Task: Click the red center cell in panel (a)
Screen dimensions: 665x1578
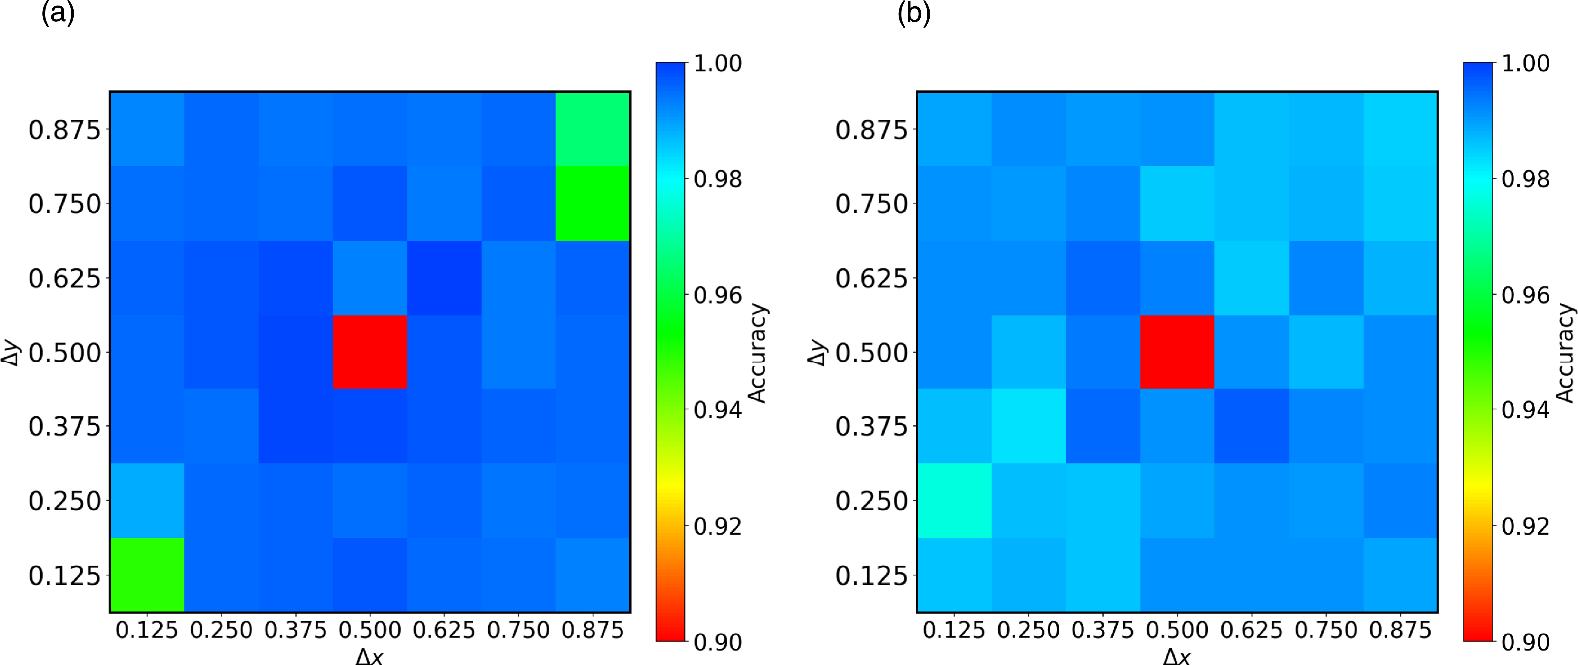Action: click(370, 352)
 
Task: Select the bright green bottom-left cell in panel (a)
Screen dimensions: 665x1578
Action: click(147, 574)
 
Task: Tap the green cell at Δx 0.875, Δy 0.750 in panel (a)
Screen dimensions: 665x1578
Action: click(592, 203)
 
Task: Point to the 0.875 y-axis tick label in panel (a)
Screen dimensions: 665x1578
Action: click(64, 130)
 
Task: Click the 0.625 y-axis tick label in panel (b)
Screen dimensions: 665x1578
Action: click(871, 279)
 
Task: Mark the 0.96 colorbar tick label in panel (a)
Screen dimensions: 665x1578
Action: click(717, 295)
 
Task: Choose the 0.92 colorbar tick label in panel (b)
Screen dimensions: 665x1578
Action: click(1525, 526)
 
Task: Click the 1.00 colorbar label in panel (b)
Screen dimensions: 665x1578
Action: click(1525, 63)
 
